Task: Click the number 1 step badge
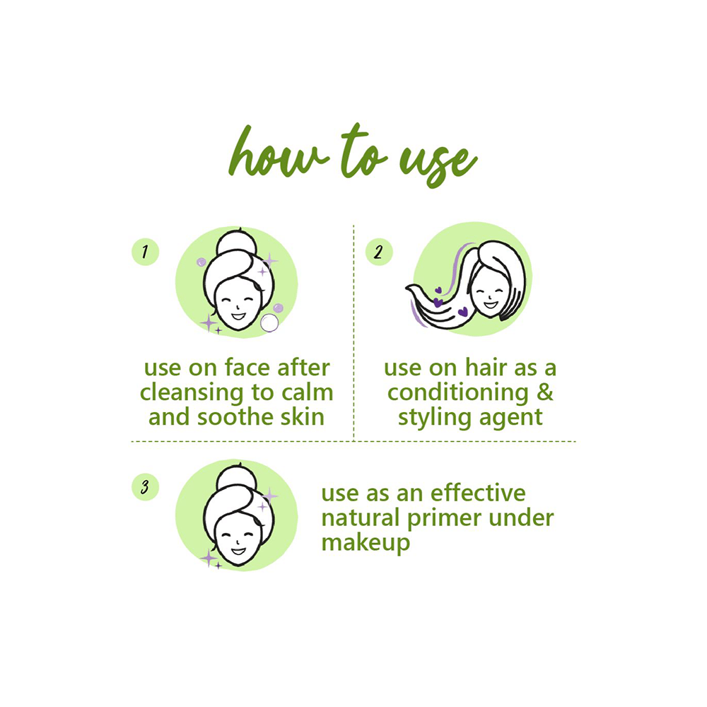pos(145,252)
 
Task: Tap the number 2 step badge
pos(379,252)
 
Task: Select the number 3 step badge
pos(145,487)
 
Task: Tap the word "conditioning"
pos(457,393)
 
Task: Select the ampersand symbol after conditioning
pos(544,392)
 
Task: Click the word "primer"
pos(445,518)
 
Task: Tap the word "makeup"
pos(366,543)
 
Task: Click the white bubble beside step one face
pos(269,323)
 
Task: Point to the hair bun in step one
pos(236,243)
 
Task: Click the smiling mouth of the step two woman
pos(490,305)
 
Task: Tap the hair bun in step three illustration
pos(236,478)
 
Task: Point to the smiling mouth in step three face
pos(238,551)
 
